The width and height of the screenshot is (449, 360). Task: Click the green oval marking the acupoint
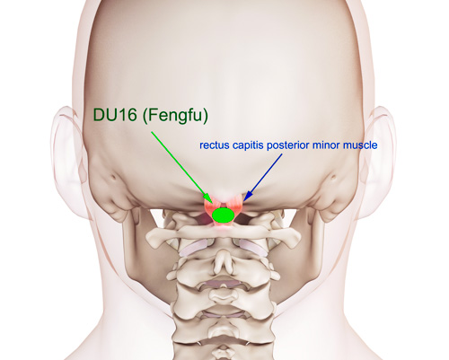coord(223,215)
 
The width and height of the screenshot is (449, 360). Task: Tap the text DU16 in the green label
coord(115,115)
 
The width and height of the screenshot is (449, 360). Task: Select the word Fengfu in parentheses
coord(175,116)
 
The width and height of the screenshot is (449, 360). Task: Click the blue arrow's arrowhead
coord(247,196)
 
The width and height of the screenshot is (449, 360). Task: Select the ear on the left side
coord(67,145)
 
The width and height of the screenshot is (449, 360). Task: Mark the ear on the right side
coord(379,145)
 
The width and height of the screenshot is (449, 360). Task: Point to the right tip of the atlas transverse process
coord(299,235)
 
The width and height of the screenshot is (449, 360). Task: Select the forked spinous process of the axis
coord(223,259)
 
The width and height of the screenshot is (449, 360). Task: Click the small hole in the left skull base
coord(114,178)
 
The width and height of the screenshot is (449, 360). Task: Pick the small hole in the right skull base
coord(333,178)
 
